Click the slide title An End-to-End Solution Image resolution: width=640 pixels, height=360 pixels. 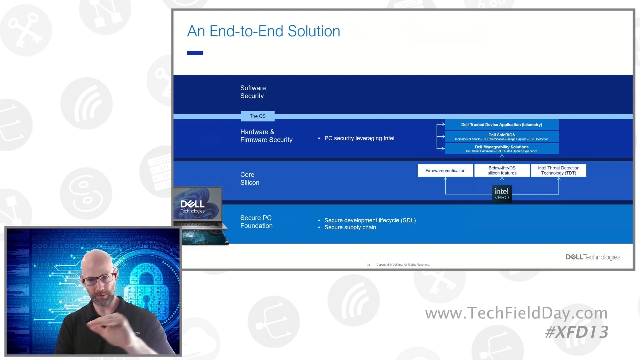(263, 31)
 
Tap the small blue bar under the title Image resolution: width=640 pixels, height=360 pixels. (195, 53)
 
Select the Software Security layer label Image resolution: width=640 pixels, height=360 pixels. (253, 92)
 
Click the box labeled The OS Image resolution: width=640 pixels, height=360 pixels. (258, 116)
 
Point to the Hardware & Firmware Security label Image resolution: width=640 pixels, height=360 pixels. (266, 136)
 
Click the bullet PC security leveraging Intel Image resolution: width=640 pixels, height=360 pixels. (359, 138)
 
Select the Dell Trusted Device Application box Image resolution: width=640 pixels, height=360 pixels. (501, 125)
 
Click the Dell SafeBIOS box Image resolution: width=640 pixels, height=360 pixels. (501, 137)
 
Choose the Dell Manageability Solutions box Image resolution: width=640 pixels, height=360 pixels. (501, 149)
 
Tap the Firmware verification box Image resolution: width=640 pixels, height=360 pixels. (445, 171)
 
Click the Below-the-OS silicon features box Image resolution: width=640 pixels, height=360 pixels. (502, 171)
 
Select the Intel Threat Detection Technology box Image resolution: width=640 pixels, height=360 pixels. (558, 171)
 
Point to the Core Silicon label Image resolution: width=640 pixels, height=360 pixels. (250, 179)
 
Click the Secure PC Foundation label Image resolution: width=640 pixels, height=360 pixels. (256, 222)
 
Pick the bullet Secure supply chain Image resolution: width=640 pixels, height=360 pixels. (350, 227)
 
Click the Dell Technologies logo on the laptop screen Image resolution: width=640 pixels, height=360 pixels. (192, 206)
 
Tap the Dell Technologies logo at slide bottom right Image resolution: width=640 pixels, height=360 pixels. (593, 257)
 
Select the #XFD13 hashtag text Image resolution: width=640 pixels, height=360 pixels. (576, 332)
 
